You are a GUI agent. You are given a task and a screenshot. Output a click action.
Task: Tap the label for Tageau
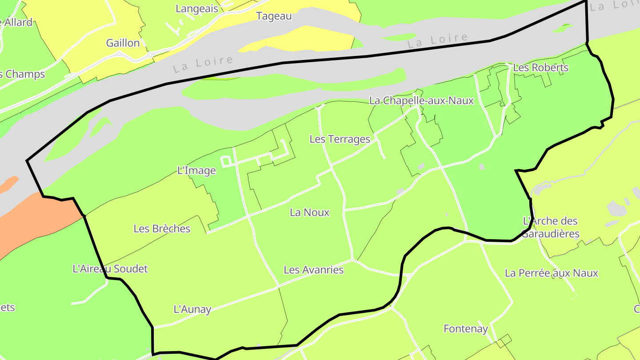pos(274,16)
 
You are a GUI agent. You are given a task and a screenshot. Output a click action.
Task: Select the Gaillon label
pos(123,43)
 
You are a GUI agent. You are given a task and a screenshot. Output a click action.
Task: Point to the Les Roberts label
pos(540,68)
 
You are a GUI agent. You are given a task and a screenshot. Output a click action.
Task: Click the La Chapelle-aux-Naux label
pos(421,101)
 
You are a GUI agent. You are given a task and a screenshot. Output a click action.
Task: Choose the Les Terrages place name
pos(340,139)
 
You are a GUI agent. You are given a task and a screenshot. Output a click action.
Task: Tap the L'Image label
pos(196,170)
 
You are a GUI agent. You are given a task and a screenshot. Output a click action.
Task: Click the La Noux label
pos(309,212)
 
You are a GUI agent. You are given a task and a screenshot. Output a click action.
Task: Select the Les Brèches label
pos(162,228)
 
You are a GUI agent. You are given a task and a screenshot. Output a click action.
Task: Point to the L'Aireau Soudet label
pos(110,268)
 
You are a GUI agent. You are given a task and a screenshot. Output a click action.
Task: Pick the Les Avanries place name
pos(313,270)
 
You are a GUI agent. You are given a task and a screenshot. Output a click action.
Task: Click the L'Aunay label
pos(192,309)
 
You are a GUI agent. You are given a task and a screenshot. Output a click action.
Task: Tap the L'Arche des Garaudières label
pos(550,227)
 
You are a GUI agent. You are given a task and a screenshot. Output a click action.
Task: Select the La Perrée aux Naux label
pos(551,273)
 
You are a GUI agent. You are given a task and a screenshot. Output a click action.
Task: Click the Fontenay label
pos(465,329)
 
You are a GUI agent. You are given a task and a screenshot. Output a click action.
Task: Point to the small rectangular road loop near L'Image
pos(226,161)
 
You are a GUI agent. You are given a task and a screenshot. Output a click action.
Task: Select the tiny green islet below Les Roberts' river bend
pos(563,28)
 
